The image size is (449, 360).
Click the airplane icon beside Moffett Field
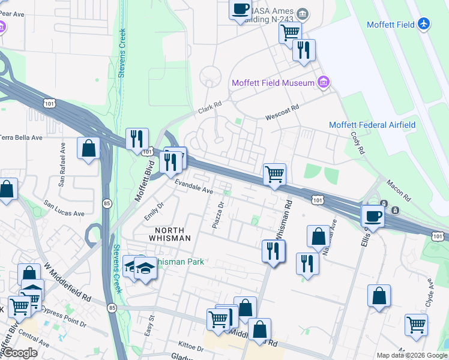[x=424, y=24]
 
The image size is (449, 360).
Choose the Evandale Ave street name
[x=194, y=187]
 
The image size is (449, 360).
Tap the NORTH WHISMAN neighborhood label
[x=164, y=234]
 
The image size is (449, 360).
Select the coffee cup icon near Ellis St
[x=372, y=216]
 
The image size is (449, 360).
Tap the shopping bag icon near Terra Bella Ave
[x=89, y=148]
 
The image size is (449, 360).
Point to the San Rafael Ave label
[x=61, y=163]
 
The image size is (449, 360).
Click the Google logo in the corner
[x=19, y=353]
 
